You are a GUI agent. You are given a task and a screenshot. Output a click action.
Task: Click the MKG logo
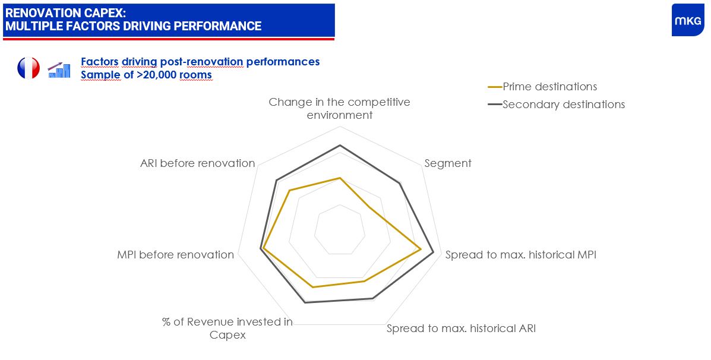pyautogui.click(x=688, y=20)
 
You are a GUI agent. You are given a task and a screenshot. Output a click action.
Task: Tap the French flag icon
pyautogui.click(x=29, y=68)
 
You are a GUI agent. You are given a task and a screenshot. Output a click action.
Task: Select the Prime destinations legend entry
pyautogui.click(x=542, y=87)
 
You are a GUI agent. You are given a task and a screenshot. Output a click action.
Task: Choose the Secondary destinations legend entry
pyautogui.click(x=556, y=105)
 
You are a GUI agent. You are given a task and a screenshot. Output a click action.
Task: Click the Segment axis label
pyautogui.click(x=447, y=163)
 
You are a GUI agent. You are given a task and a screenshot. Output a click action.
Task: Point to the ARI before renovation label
pyautogui.click(x=198, y=163)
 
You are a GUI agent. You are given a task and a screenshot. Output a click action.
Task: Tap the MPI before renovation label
pyautogui.click(x=175, y=255)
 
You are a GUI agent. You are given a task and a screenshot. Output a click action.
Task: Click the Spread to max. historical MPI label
pyautogui.click(x=520, y=255)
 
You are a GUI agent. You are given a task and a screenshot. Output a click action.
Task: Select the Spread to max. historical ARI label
pyautogui.click(x=461, y=329)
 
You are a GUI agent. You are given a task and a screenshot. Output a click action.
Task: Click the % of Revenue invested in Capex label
pyautogui.click(x=227, y=329)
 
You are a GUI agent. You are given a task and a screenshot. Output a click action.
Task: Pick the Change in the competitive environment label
pyautogui.click(x=339, y=108)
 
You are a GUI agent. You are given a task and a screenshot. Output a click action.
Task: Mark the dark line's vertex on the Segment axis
pyautogui.click(x=400, y=183)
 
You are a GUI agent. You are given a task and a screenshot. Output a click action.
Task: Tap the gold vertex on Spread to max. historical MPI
pyautogui.click(x=421, y=249)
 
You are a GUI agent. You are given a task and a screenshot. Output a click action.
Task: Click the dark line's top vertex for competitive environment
pyautogui.click(x=340, y=145)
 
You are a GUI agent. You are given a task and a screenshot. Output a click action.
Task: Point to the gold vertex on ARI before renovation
pyautogui.click(x=289, y=191)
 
